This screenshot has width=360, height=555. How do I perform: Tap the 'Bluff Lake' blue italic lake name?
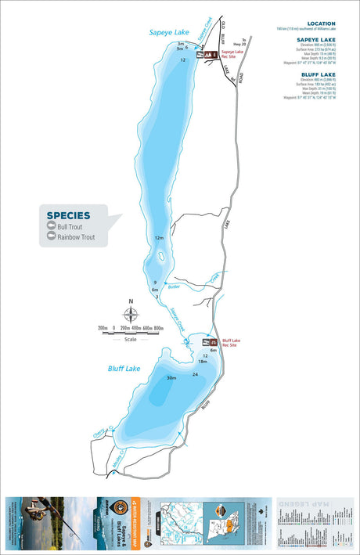pos(124,366)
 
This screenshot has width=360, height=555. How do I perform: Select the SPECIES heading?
pos(68,215)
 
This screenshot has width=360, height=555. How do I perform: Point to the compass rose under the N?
pos(131,316)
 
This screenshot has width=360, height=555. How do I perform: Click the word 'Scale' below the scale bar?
pos(130,339)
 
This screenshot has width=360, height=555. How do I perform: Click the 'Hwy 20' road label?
pos(239,44)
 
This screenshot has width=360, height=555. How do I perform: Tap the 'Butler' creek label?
pos(174,289)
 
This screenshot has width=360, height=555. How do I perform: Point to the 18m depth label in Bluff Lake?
pos(203,361)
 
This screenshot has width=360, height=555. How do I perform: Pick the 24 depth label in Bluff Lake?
pos(195,375)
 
